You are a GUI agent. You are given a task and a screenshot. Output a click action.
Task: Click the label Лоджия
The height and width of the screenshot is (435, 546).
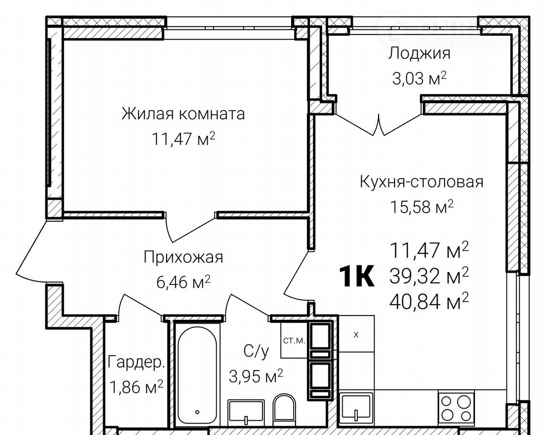tap(419, 54)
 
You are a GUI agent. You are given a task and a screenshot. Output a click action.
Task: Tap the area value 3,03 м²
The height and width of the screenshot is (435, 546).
tap(419, 78)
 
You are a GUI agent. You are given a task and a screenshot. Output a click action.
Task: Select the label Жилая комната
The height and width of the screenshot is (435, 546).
tap(183, 114)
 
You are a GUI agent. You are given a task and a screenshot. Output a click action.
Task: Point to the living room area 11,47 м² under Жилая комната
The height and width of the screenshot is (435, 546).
tap(183, 139)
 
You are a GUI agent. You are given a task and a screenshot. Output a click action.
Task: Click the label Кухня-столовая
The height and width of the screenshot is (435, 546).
tap(421, 182)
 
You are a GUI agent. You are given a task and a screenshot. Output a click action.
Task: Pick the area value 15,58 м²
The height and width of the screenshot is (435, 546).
tap(422, 207)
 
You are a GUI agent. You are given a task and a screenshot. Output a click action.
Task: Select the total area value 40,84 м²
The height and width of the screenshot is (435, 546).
tap(429, 302)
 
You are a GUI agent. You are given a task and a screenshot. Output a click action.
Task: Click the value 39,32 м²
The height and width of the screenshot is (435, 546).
tap(429, 276)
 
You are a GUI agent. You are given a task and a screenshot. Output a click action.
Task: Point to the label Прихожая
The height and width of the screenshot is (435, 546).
tap(183, 258)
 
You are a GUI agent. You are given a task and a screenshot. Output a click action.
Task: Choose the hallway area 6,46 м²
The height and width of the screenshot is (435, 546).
tap(183, 282)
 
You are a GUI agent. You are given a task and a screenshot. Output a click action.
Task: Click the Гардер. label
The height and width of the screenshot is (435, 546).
tap(136, 362)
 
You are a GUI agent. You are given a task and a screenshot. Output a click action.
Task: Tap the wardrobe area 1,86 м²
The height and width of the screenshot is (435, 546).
tap(136, 387)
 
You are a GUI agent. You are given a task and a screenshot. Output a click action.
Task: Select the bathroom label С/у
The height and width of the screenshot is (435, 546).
tap(256, 352)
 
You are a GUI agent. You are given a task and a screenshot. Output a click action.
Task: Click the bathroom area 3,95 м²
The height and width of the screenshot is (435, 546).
tap(256, 376)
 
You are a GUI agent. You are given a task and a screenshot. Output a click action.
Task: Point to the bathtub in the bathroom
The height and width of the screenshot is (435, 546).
tap(197, 375)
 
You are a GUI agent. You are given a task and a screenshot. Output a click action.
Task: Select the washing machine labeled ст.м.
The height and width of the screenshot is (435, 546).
tap(294, 340)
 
